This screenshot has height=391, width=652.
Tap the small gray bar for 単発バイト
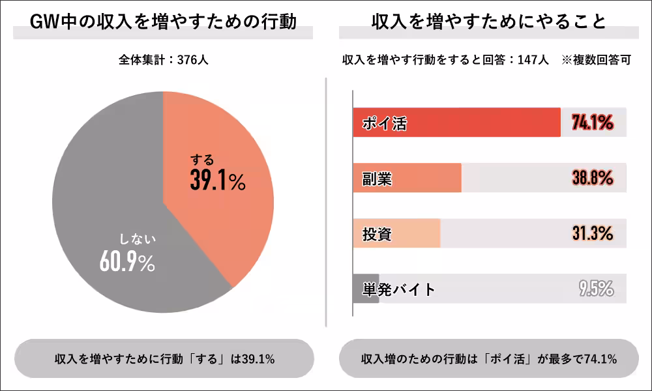coord(365,289)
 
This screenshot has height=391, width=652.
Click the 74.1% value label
coord(592,122)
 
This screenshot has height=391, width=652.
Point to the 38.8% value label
coord(592,178)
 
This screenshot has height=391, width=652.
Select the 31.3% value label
coord(592,233)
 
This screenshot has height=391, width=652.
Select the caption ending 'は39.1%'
coord(164,359)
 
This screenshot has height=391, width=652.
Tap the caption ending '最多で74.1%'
coord(488,359)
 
